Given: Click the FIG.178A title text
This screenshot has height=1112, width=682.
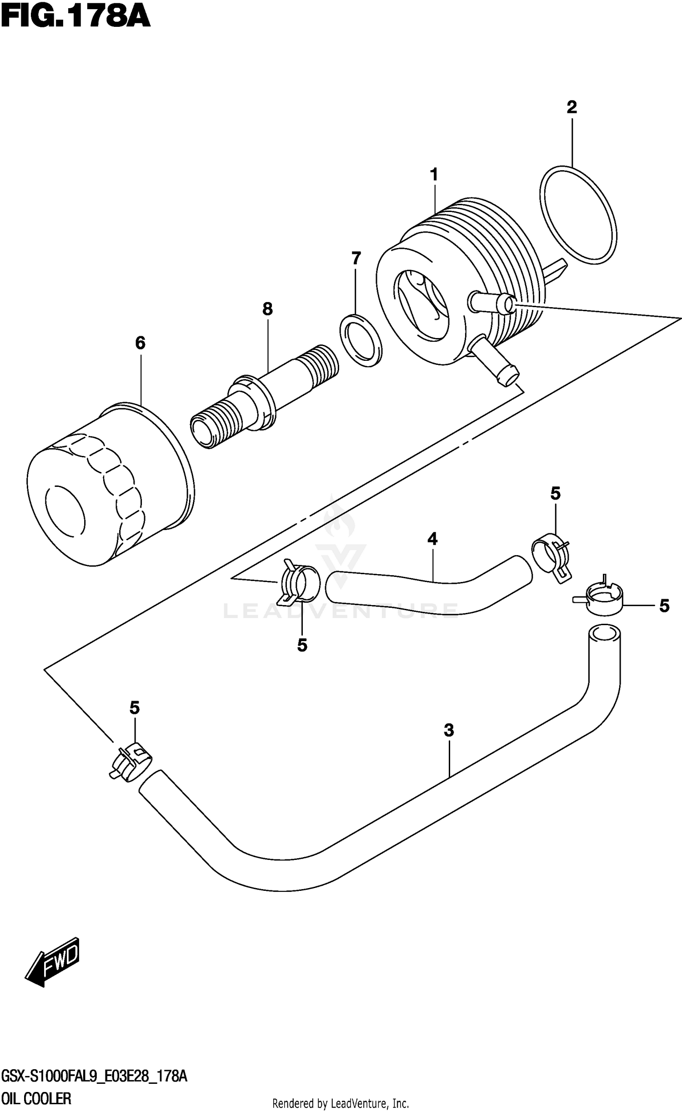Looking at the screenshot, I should [75, 17].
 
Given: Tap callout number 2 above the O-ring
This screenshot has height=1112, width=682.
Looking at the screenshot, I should [572, 107].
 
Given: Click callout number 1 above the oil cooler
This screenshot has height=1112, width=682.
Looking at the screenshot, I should [434, 175].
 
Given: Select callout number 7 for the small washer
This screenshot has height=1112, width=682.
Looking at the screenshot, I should [356, 258].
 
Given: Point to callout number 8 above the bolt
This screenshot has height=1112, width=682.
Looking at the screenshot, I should [267, 309].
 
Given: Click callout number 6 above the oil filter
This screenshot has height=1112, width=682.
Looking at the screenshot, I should [140, 343].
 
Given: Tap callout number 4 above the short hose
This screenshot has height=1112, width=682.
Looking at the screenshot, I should [432, 539].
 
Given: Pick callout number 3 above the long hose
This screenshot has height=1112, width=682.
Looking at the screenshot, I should [449, 731].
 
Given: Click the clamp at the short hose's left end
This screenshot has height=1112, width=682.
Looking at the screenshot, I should [300, 584].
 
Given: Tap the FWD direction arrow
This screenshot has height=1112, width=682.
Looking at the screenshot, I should [52, 960].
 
